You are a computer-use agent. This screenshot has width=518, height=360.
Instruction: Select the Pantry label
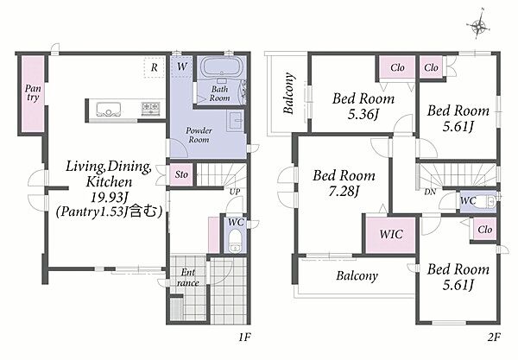(33, 93)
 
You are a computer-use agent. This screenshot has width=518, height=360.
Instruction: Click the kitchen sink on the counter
(109, 109)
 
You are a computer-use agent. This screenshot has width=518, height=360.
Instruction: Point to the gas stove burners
(150, 107)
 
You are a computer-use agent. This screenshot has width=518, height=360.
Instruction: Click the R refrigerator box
(155, 67)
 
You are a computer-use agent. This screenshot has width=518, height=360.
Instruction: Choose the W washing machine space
(181, 66)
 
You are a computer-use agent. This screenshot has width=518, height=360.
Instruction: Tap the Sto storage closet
(181, 174)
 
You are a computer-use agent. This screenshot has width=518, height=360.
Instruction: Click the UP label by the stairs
(235, 192)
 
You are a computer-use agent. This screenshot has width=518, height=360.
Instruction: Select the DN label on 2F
(430, 192)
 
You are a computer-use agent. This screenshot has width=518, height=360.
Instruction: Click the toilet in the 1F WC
(235, 241)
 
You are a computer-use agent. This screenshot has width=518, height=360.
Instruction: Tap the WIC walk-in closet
(391, 235)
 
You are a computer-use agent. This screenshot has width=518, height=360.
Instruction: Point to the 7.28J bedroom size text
(344, 192)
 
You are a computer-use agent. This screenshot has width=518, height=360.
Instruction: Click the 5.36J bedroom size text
(363, 114)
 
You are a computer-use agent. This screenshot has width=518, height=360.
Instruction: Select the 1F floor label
(245, 338)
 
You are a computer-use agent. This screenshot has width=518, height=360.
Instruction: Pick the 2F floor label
(494, 338)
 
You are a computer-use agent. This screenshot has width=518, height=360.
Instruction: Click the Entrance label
(187, 277)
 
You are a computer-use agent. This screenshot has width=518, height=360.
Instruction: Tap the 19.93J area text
(110, 198)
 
